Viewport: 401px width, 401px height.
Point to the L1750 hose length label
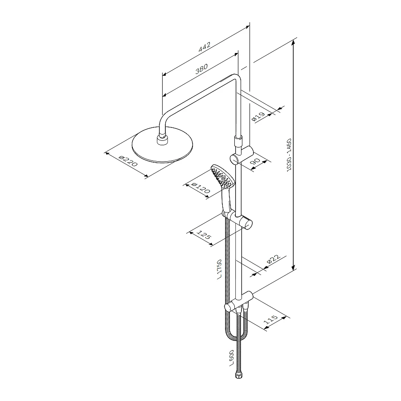click(219, 269)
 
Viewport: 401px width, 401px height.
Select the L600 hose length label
click(231, 358)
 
